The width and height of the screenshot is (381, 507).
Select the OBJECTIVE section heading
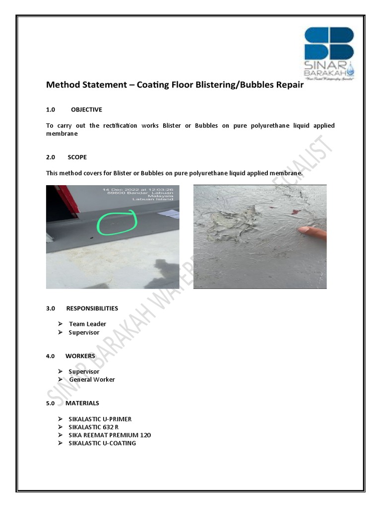click(86, 109)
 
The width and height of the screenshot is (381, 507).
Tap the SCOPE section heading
click(77, 157)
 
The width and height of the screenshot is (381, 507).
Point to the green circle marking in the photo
click(117, 223)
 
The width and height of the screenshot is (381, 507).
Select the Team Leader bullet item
click(87, 324)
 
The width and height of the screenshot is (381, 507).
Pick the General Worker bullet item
click(92, 379)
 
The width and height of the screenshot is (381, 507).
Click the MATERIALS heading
click(82, 403)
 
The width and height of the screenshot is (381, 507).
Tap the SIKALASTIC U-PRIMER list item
click(100, 419)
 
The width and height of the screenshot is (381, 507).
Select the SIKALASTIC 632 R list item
click(94, 427)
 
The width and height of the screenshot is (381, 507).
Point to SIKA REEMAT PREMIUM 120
click(110, 435)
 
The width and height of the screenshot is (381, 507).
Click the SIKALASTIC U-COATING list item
click(102, 443)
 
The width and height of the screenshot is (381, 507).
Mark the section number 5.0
click(50, 403)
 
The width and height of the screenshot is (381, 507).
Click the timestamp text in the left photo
click(138, 190)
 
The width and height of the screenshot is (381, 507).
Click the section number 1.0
click(50, 109)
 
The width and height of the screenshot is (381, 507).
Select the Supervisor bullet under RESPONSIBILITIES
click(84, 332)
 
